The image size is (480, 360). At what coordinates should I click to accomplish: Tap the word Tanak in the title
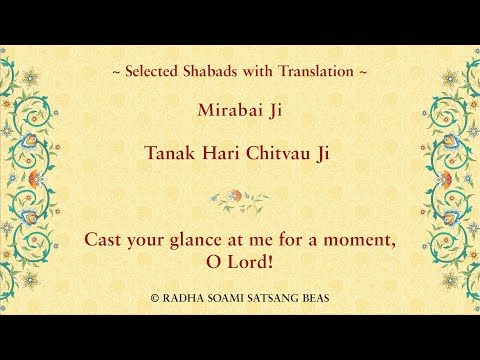pyautogui.click(x=172, y=155)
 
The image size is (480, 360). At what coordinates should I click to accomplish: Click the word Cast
pyautogui.click(x=104, y=240)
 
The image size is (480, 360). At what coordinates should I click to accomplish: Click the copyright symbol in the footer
pyautogui.click(x=155, y=298)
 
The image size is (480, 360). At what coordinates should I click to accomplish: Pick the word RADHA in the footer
pyautogui.click(x=182, y=298)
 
